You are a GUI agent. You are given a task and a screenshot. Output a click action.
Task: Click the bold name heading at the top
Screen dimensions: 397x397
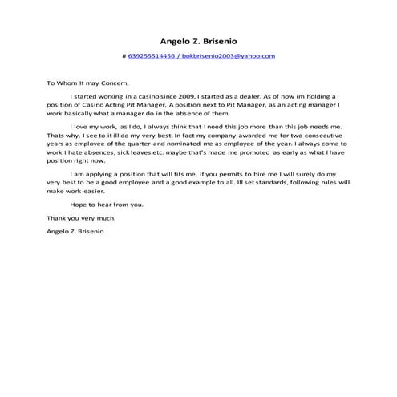click(198, 40)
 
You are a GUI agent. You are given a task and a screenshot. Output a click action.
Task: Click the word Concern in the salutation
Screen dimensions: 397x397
click(112, 82)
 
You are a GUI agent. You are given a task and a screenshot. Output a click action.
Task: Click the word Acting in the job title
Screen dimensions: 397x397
click(136, 104)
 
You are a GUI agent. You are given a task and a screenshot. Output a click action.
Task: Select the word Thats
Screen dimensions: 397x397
click(55, 136)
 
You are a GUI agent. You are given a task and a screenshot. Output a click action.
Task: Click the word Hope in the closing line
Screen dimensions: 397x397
click(79, 205)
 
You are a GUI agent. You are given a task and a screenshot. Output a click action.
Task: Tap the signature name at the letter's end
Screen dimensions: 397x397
click(75, 232)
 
